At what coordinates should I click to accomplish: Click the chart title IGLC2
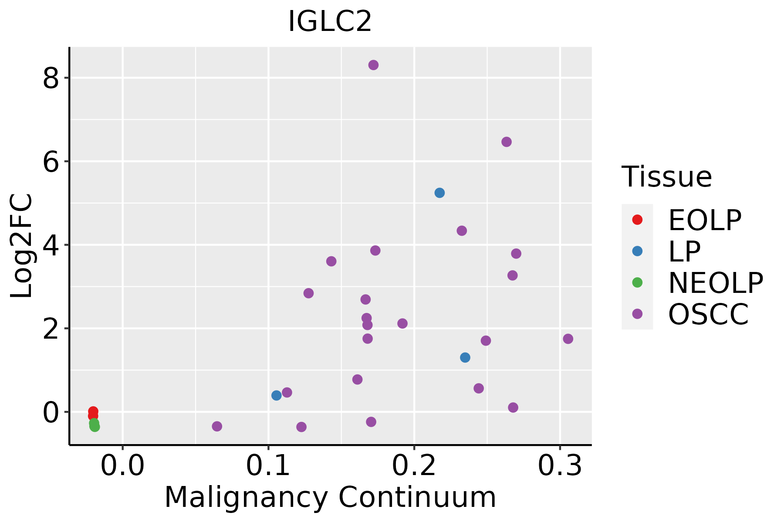pyautogui.click(x=330, y=22)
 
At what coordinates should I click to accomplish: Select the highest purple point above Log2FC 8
pyautogui.click(x=373, y=65)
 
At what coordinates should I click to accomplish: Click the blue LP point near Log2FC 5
pyautogui.click(x=439, y=193)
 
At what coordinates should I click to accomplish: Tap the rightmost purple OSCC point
pyautogui.click(x=568, y=339)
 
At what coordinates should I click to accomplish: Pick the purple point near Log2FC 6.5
pyautogui.click(x=506, y=142)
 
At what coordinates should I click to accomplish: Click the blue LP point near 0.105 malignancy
pyautogui.click(x=276, y=395)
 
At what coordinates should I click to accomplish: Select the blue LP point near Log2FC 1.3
pyautogui.click(x=465, y=357)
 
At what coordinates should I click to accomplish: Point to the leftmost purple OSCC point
pyautogui.click(x=217, y=426)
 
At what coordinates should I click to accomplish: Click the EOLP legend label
pyautogui.click(x=704, y=220)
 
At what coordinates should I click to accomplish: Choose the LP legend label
pyautogui.click(x=684, y=251)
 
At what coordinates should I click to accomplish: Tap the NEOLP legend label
pyautogui.click(x=715, y=283)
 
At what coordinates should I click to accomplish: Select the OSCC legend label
pyautogui.click(x=708, y=314)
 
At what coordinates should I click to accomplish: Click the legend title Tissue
pyautogui.click(x=666, y=177)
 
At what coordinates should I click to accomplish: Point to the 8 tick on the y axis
pyautogui.click(x=51, y=79)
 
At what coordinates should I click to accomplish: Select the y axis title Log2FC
pyautogui.click(x=22, y=245)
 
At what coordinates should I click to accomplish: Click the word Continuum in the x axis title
pyautogui.click(x=417, y=498)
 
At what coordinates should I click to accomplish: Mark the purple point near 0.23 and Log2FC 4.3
pyautogui.click(x=462, y=231)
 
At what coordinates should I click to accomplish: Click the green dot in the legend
pyautogui.click(x=637, y=282)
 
